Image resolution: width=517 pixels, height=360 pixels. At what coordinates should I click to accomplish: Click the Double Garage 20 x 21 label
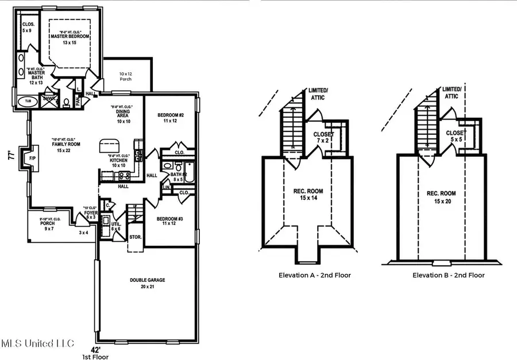(x=149, y=283)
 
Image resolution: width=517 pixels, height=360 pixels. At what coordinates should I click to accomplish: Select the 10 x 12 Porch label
(x=125, y=76)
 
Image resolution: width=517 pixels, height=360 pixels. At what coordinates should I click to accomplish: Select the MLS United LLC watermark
(x=38, y=344)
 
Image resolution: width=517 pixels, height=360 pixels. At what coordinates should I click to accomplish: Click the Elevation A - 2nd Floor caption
(x=315, y=275)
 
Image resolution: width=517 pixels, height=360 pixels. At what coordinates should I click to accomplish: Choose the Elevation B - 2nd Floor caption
(x=448, y=275)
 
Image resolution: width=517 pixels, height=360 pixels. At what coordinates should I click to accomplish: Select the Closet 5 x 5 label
(x=456, y=136)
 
